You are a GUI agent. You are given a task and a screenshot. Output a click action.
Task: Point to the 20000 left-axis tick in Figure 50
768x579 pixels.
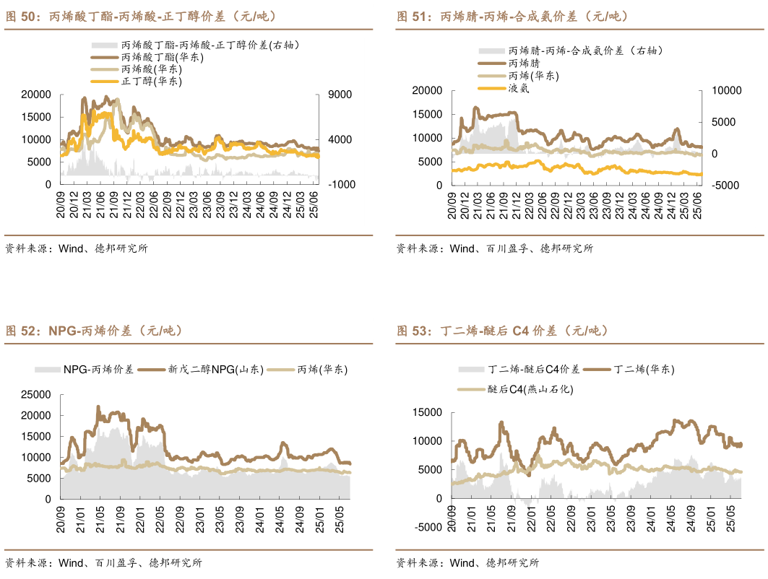tap(36, 95)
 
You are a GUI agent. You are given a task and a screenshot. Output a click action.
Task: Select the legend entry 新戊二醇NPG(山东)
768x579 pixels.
tap(202, 369)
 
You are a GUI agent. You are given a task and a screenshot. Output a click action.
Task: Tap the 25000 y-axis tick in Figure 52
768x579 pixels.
tap(36, 395)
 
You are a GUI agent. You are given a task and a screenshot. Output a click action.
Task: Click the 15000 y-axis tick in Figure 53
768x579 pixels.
tap(427, 412)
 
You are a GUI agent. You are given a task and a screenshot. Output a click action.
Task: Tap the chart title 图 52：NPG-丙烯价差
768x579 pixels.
tap(94, 331)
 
